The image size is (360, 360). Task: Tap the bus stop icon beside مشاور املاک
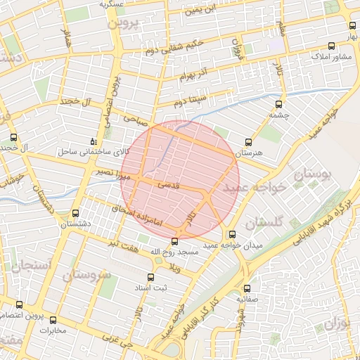(351, 46)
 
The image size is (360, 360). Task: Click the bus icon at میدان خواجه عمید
(232, 234)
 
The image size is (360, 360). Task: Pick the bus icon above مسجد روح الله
(175, 241)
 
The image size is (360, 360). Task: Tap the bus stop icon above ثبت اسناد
(150, 277)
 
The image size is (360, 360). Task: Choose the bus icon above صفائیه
(246, 288)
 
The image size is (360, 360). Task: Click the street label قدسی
(171, 184)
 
